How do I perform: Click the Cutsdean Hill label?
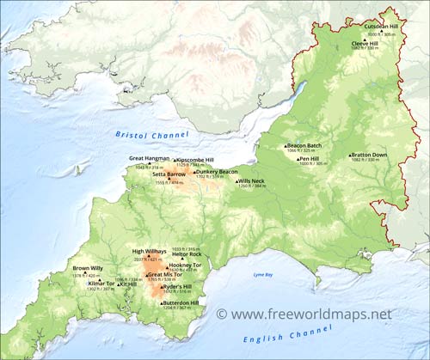click(x=381, y=27)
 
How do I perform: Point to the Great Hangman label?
click(x=149, y=158)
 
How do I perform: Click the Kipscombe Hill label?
click(x=195, y=159)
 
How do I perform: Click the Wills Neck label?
click(x=251, y=180)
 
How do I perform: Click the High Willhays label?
click(x=149, y=252)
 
